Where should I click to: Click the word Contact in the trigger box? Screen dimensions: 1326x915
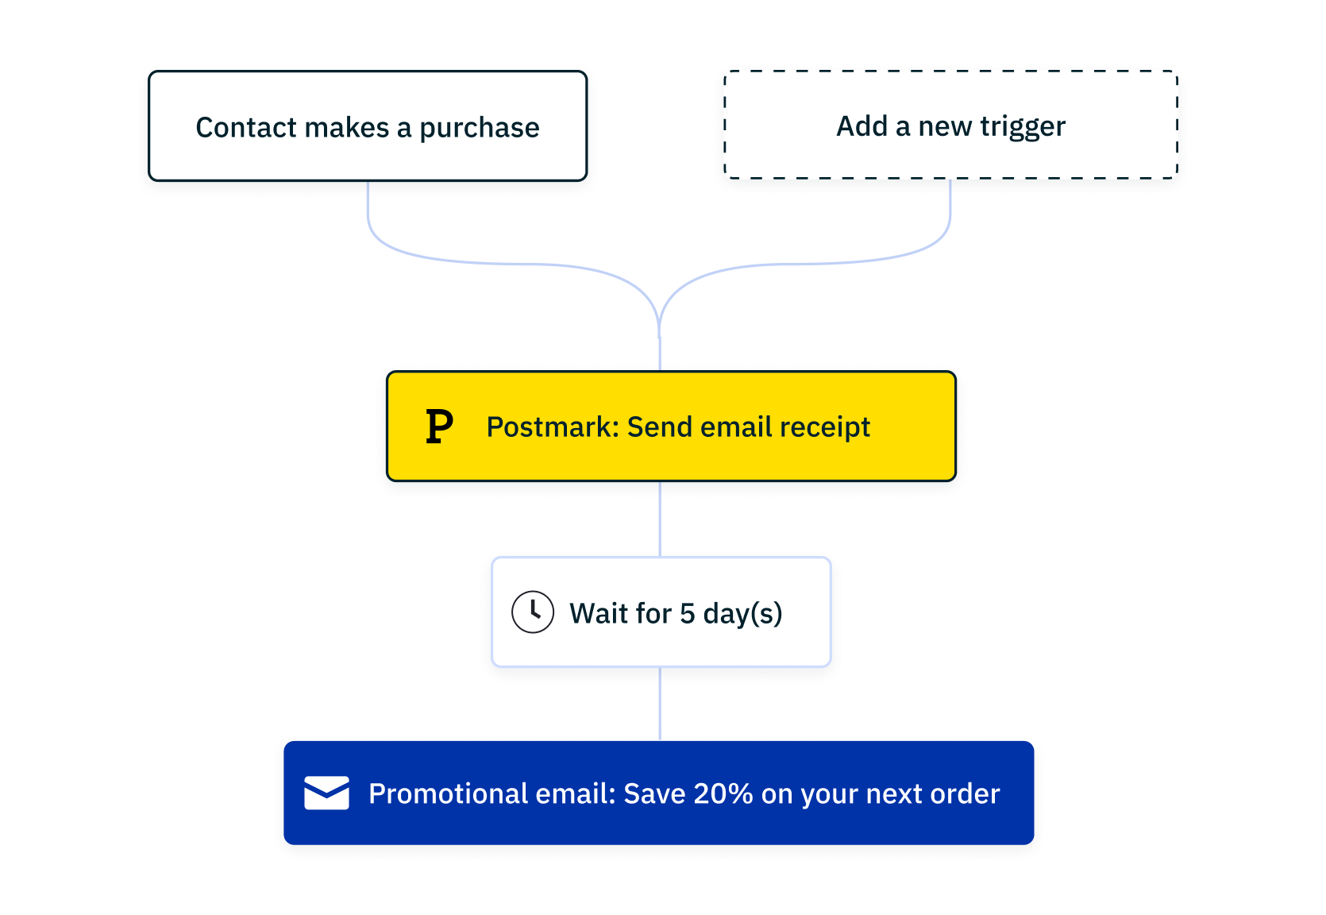pyautogui.click(x=245, y=127)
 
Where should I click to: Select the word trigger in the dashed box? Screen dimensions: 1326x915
pyautogui.click(x=1023, y=127)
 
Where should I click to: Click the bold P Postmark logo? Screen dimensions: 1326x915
pyautogui.click(x=439, y=427)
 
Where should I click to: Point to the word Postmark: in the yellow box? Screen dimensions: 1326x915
pyautogui.click(x=553, y=427)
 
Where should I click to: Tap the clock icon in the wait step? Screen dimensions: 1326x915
pyautogui.click(x=533, y=612)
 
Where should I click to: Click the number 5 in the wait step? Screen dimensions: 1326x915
pyautogui.click(x=687, y=613)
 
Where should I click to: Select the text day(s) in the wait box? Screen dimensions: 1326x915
pyautogui.click(x=742, y=613)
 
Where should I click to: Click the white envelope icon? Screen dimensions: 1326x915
pyautogui.click(x=327, y=793)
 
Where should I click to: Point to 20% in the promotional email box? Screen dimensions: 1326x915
pyautogui.click(x=723, y=793)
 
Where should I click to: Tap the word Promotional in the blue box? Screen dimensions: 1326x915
pyautogui.click(x=448, y=793)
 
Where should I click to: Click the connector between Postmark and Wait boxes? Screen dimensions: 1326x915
pyautogui.click(x=660, y=519)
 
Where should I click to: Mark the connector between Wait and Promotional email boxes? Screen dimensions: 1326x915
pyautogui.click(x=660, y=704)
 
